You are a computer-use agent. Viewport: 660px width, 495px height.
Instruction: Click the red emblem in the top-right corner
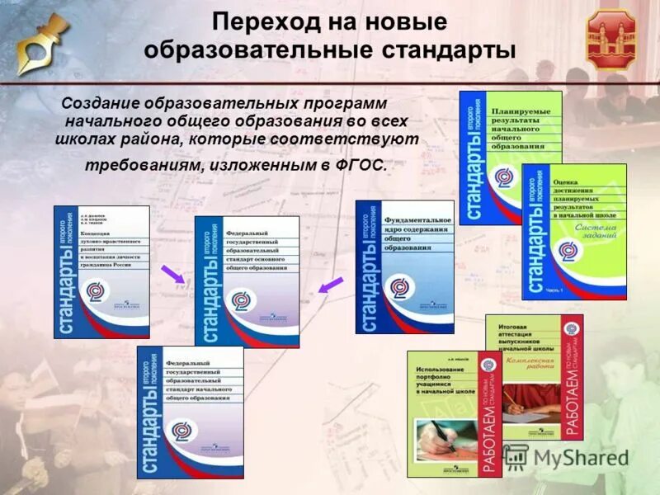(x=611, y=39)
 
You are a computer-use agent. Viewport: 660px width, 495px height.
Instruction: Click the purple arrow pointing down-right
(x=172, y=273)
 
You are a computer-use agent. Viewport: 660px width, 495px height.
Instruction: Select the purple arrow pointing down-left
(x=331, y=285)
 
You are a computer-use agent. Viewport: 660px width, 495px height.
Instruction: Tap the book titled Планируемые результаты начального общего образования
(x=510, y=157)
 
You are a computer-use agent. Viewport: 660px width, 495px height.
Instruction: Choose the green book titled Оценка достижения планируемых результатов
(x=573, y=231)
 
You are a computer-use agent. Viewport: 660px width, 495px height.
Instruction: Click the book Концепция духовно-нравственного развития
(x=101, y=271)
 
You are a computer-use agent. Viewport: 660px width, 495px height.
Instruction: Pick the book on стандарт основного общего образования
(x=247, y=281)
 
